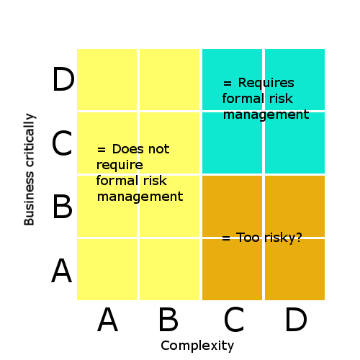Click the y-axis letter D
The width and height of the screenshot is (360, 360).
click(63, 79)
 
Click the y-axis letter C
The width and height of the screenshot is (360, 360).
click(62, 143)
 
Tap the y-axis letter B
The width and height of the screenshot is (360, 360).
click(62, 207)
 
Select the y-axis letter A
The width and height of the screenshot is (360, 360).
click(62, 271)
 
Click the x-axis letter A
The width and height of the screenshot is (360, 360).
click(108, 319)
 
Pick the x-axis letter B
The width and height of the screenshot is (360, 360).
click(168, 319)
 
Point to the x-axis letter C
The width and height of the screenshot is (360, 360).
click(234, 320)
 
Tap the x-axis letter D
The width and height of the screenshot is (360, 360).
click(296, 319)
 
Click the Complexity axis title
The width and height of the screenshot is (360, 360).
click(197, 346)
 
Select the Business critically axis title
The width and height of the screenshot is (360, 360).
click(30, 169)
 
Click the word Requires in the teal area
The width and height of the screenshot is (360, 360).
click(266, 83)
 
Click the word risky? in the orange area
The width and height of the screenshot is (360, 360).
click(283, 238)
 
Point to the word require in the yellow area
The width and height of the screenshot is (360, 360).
click(120, 165)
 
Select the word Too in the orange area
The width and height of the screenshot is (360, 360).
click(248, 238)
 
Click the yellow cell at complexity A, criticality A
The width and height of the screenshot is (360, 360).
click(107, 269)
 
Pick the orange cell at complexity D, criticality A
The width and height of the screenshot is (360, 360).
click(294, 269)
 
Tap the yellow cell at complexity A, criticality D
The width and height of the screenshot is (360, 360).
click(107, 79)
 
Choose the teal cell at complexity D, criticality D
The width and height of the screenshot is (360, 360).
click(294, 79)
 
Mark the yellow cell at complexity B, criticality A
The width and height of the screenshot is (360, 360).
click(169, 269)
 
